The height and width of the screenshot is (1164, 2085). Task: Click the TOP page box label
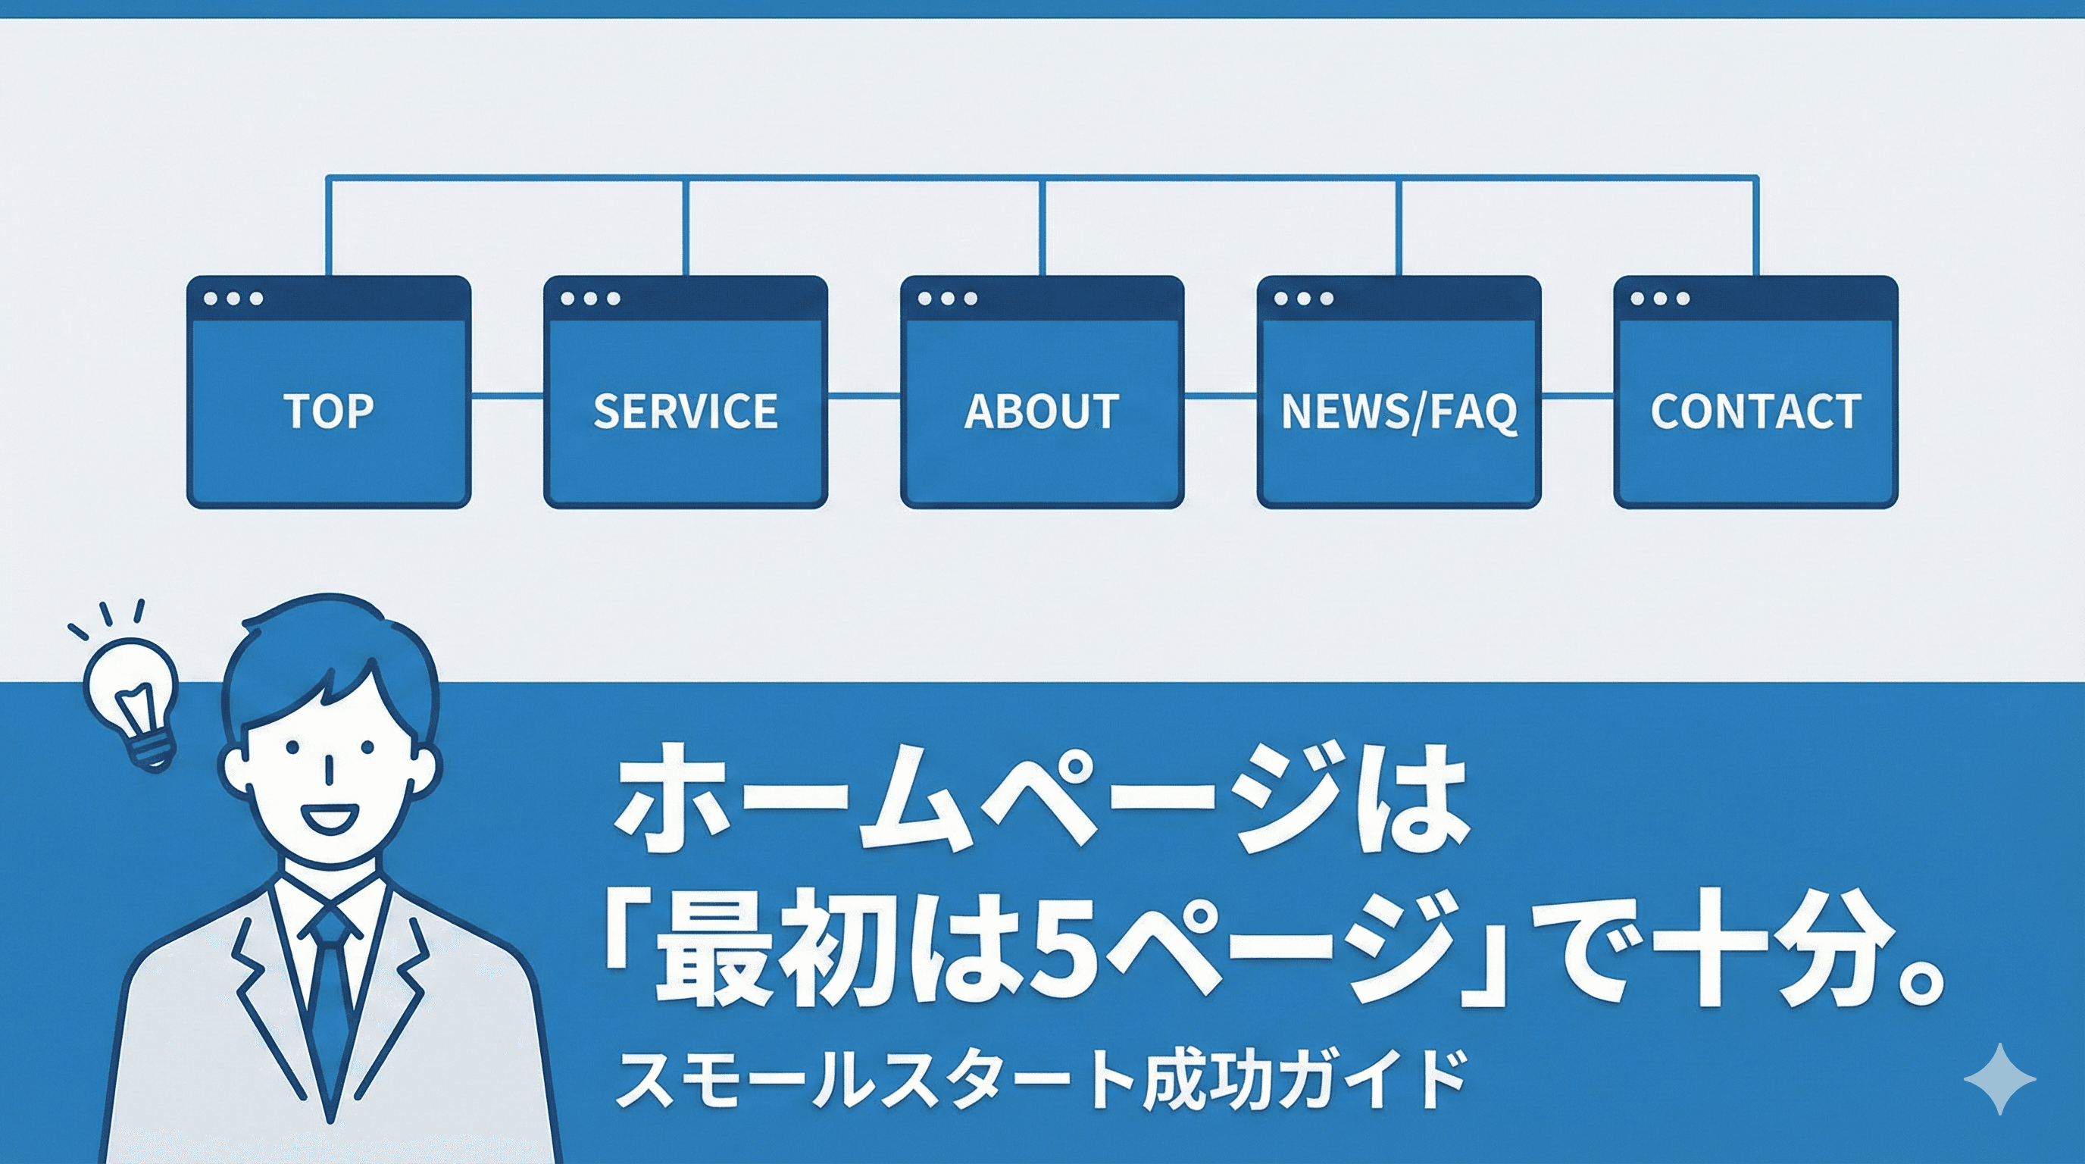point(329,411)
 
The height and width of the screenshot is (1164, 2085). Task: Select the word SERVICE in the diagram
point(685,411)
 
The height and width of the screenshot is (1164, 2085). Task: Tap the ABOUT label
point(1042,411)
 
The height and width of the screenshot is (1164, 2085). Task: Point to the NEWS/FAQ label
point(1399,411)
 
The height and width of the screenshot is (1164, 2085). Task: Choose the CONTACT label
point(1755,411)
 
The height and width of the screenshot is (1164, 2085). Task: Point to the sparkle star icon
point(2000,1079)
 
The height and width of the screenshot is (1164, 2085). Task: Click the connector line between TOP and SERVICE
point(507,396)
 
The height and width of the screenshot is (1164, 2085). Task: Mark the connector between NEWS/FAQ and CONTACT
point(1577,396)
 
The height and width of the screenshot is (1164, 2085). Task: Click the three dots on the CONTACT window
point(1659,299)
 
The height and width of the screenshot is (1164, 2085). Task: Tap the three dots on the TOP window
point(233,299)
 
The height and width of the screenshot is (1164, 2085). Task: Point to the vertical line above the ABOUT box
point(1042,227)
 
